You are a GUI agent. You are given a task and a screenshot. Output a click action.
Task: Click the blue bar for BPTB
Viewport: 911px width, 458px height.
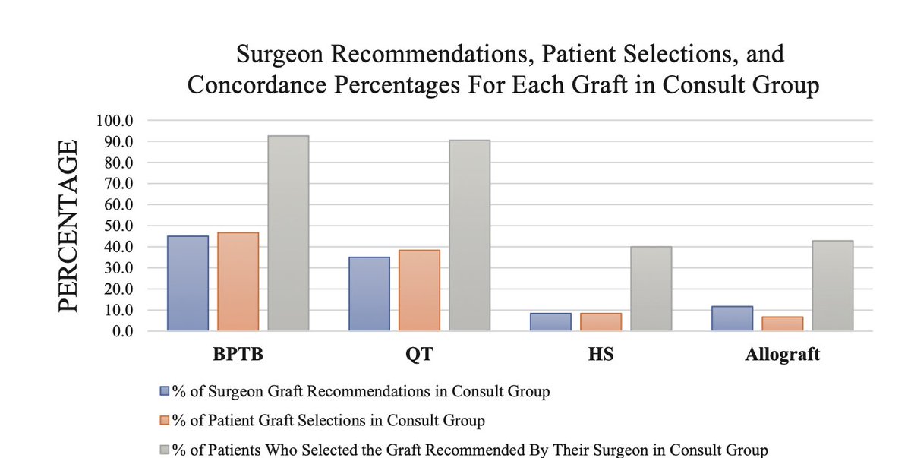coord(188,283)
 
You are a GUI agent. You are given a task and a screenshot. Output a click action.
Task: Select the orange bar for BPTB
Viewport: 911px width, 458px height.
coord(238,282)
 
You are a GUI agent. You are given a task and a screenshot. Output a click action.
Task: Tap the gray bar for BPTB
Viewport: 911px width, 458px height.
coord(288,233)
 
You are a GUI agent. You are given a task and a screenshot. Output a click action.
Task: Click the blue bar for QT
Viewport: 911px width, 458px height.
coord(369,294)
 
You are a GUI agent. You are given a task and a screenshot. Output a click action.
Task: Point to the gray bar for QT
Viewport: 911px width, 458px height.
coord(469,235)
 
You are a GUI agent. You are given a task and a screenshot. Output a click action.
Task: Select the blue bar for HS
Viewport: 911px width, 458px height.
coord(550,322)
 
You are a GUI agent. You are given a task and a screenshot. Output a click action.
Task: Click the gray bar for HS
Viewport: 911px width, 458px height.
coord(651,289)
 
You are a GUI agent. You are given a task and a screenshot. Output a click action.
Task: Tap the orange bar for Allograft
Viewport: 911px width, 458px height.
coord(782,324)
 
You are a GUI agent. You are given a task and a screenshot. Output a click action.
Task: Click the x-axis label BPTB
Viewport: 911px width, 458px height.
coord(238,355)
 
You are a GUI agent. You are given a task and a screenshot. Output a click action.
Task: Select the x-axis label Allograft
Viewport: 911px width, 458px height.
coord(782,355)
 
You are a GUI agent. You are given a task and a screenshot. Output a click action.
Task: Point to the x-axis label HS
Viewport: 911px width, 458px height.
coord(601,355)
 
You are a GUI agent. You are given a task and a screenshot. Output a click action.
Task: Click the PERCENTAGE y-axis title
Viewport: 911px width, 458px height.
coord(68,226)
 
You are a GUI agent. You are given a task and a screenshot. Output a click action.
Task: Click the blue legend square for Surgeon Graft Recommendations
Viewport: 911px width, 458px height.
coord(164,392)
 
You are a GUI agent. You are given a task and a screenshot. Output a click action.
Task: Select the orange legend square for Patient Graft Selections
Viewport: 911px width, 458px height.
coord(164,419)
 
